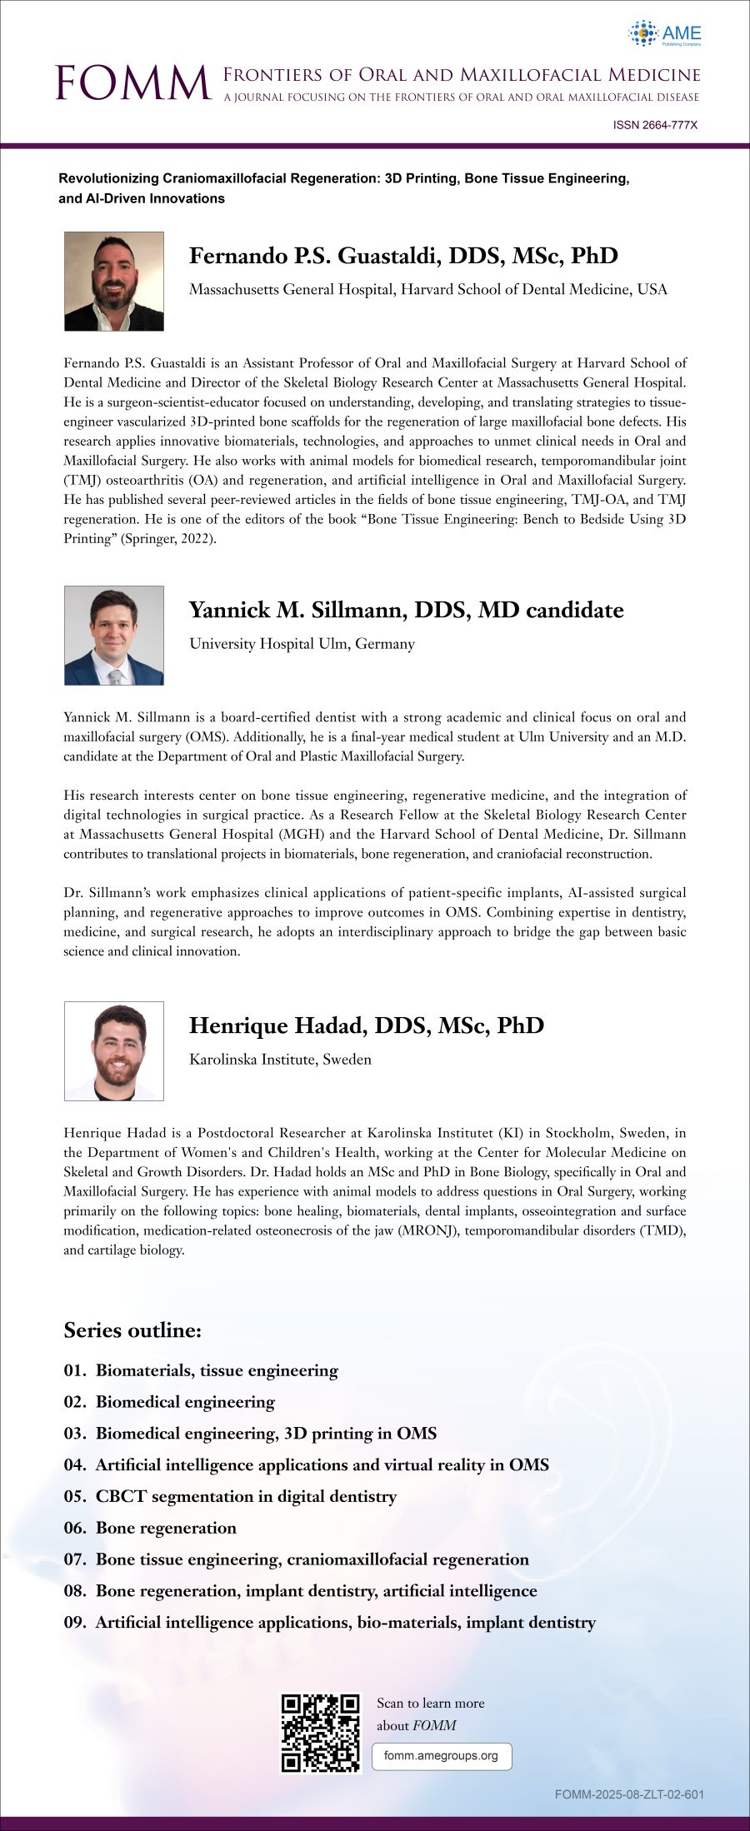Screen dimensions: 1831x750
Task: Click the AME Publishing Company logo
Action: point(665,34)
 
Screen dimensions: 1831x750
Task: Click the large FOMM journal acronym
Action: point(132,83)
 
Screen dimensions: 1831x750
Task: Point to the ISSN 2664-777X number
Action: point(655,125)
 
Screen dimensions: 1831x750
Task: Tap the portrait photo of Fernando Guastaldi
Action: point(114,282)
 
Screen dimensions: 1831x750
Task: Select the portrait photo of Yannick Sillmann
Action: point(114,636)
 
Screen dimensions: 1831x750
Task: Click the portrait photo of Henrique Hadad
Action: point(114,1051)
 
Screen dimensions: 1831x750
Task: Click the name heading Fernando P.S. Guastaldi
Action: point(403,256)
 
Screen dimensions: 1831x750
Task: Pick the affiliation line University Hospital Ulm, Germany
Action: point(302,644)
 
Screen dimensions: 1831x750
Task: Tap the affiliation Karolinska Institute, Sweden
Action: point(280,1060)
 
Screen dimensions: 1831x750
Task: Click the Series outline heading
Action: point(132,1330)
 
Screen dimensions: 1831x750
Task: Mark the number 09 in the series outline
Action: point(74,1622)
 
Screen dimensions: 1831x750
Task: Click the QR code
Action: point(321,1734)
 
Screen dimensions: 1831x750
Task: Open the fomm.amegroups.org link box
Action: point(441,1756)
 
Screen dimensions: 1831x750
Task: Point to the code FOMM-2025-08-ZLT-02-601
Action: point(629,1794)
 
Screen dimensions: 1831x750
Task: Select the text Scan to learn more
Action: point(430,1704)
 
